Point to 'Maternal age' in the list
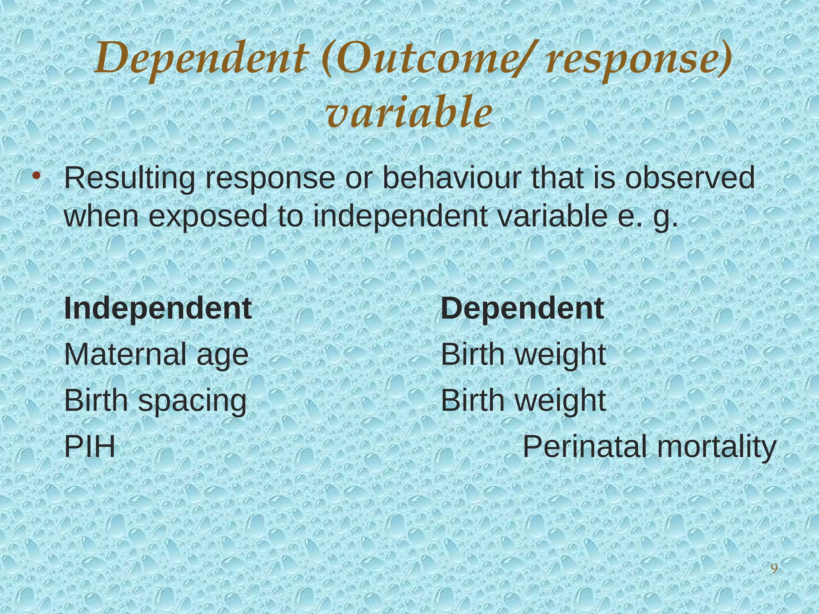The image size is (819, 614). point(156,355)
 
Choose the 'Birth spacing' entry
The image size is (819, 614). point(156,401)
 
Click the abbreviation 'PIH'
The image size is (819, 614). point(90,447)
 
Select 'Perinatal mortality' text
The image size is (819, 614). point(649,447)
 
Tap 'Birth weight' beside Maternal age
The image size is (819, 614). point(523,355)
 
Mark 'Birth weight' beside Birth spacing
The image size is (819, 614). point(523,400)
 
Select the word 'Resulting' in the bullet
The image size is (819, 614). point(130,178)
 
